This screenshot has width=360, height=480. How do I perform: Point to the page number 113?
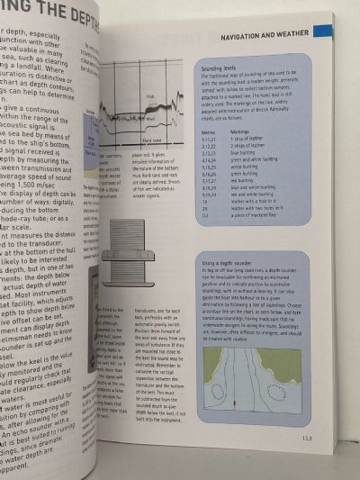(x=331, y=438)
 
